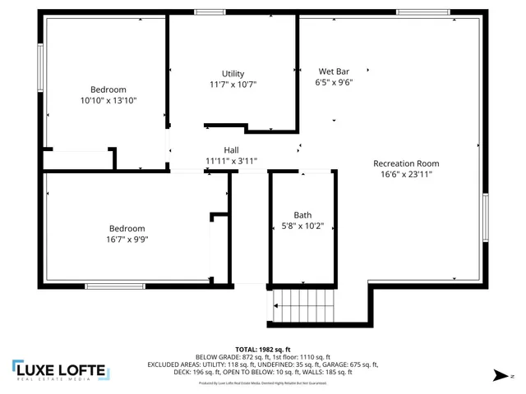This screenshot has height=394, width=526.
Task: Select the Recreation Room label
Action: tap(406, 163)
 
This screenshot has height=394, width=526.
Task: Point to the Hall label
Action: tap(232, 150)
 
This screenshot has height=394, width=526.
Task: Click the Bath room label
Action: tap(302, 215)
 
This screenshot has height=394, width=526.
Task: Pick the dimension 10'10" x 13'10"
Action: tap(108, 100)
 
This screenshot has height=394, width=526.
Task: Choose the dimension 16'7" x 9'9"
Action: tap(127, 240)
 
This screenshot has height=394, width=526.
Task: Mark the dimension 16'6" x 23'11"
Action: tap(406, 173)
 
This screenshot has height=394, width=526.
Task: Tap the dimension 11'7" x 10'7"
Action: tap(233, 85)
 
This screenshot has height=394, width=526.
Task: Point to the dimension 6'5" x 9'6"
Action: tap(334, 82)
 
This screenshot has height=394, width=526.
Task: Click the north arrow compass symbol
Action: tap(498, 374)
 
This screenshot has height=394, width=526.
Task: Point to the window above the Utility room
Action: tap(210, 12)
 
